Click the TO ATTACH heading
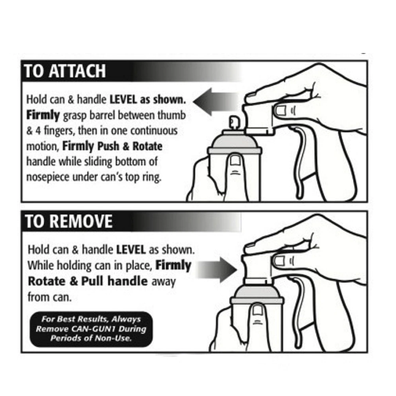tap(65, 71)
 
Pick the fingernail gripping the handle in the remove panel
tap(280, 260)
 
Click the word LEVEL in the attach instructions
tap(126, 99)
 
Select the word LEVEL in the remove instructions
tap(131, 250)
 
